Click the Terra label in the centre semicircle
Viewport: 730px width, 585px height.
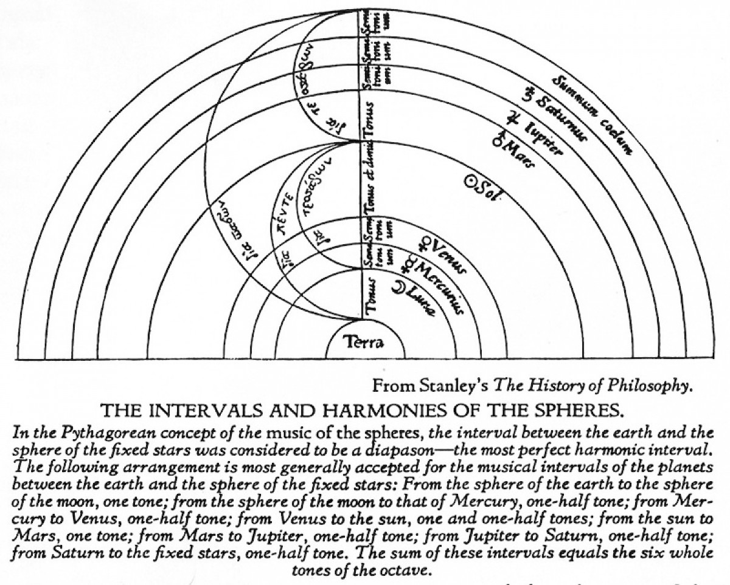364,343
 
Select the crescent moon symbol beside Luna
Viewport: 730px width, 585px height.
398,287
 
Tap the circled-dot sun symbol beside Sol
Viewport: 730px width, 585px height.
470,180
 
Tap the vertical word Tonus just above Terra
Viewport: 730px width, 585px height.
369,295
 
